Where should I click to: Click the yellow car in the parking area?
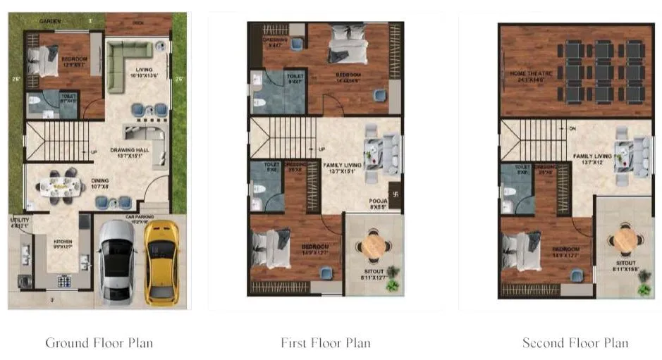162,262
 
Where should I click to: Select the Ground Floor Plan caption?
99,343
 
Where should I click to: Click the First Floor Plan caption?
325,343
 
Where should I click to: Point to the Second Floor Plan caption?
575,343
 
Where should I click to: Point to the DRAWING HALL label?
128,149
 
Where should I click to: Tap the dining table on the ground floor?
60,185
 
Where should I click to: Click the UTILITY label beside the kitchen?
18,223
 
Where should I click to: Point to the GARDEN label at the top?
49,22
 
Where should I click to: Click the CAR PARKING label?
140,217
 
